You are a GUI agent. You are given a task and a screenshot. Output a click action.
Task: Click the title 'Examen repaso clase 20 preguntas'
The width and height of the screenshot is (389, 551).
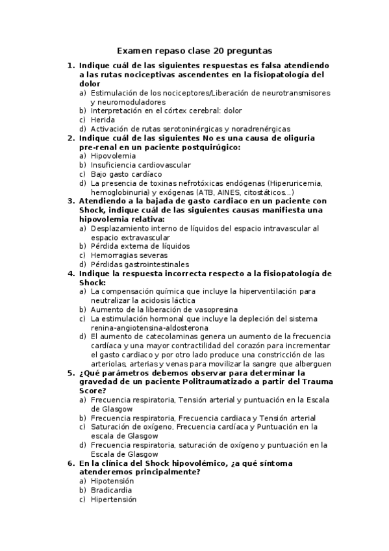(194, 50)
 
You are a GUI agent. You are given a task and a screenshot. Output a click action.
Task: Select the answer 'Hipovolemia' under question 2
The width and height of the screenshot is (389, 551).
(114, 156)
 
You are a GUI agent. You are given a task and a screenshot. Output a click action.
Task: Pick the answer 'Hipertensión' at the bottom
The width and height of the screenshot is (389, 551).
(114, 499)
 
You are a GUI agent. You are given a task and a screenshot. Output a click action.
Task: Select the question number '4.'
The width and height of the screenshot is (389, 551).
(71, 274)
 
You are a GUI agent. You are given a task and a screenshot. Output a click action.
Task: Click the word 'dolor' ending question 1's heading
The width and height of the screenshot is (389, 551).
(90, 84)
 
